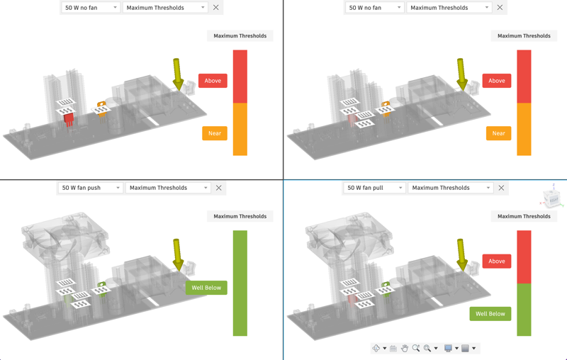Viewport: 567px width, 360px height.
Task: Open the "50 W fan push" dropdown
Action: [x=90, y=188]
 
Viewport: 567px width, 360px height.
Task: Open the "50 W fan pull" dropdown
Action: [x=374, y=188]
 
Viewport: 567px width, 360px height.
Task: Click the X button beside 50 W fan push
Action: [x=219, y=188]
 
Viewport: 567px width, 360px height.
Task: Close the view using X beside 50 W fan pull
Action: [x=501, y=188]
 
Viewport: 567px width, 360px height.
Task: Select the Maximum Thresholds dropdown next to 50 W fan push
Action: [x=168, y=188]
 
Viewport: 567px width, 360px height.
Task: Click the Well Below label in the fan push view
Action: [x=206, y=288]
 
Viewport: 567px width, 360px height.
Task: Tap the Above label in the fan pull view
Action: [x=497, y=261]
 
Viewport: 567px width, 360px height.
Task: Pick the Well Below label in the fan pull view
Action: [x=490, y=314]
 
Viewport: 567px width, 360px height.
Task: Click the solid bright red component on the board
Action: [x=68, y=118]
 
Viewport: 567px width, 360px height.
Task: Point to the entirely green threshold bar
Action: [x=240, y=283]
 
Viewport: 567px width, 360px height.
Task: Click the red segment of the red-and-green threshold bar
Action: [x=524, y=257]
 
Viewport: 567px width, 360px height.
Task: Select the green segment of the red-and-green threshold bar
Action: [x=524, y=310]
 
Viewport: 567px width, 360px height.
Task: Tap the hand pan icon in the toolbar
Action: [x=405, y=348]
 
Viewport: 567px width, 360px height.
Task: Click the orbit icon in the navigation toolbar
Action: [x=376, y=348]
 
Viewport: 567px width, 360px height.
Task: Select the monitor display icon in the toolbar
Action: [x=448, y=348]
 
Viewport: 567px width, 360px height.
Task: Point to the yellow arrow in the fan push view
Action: [x=177, y=254]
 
